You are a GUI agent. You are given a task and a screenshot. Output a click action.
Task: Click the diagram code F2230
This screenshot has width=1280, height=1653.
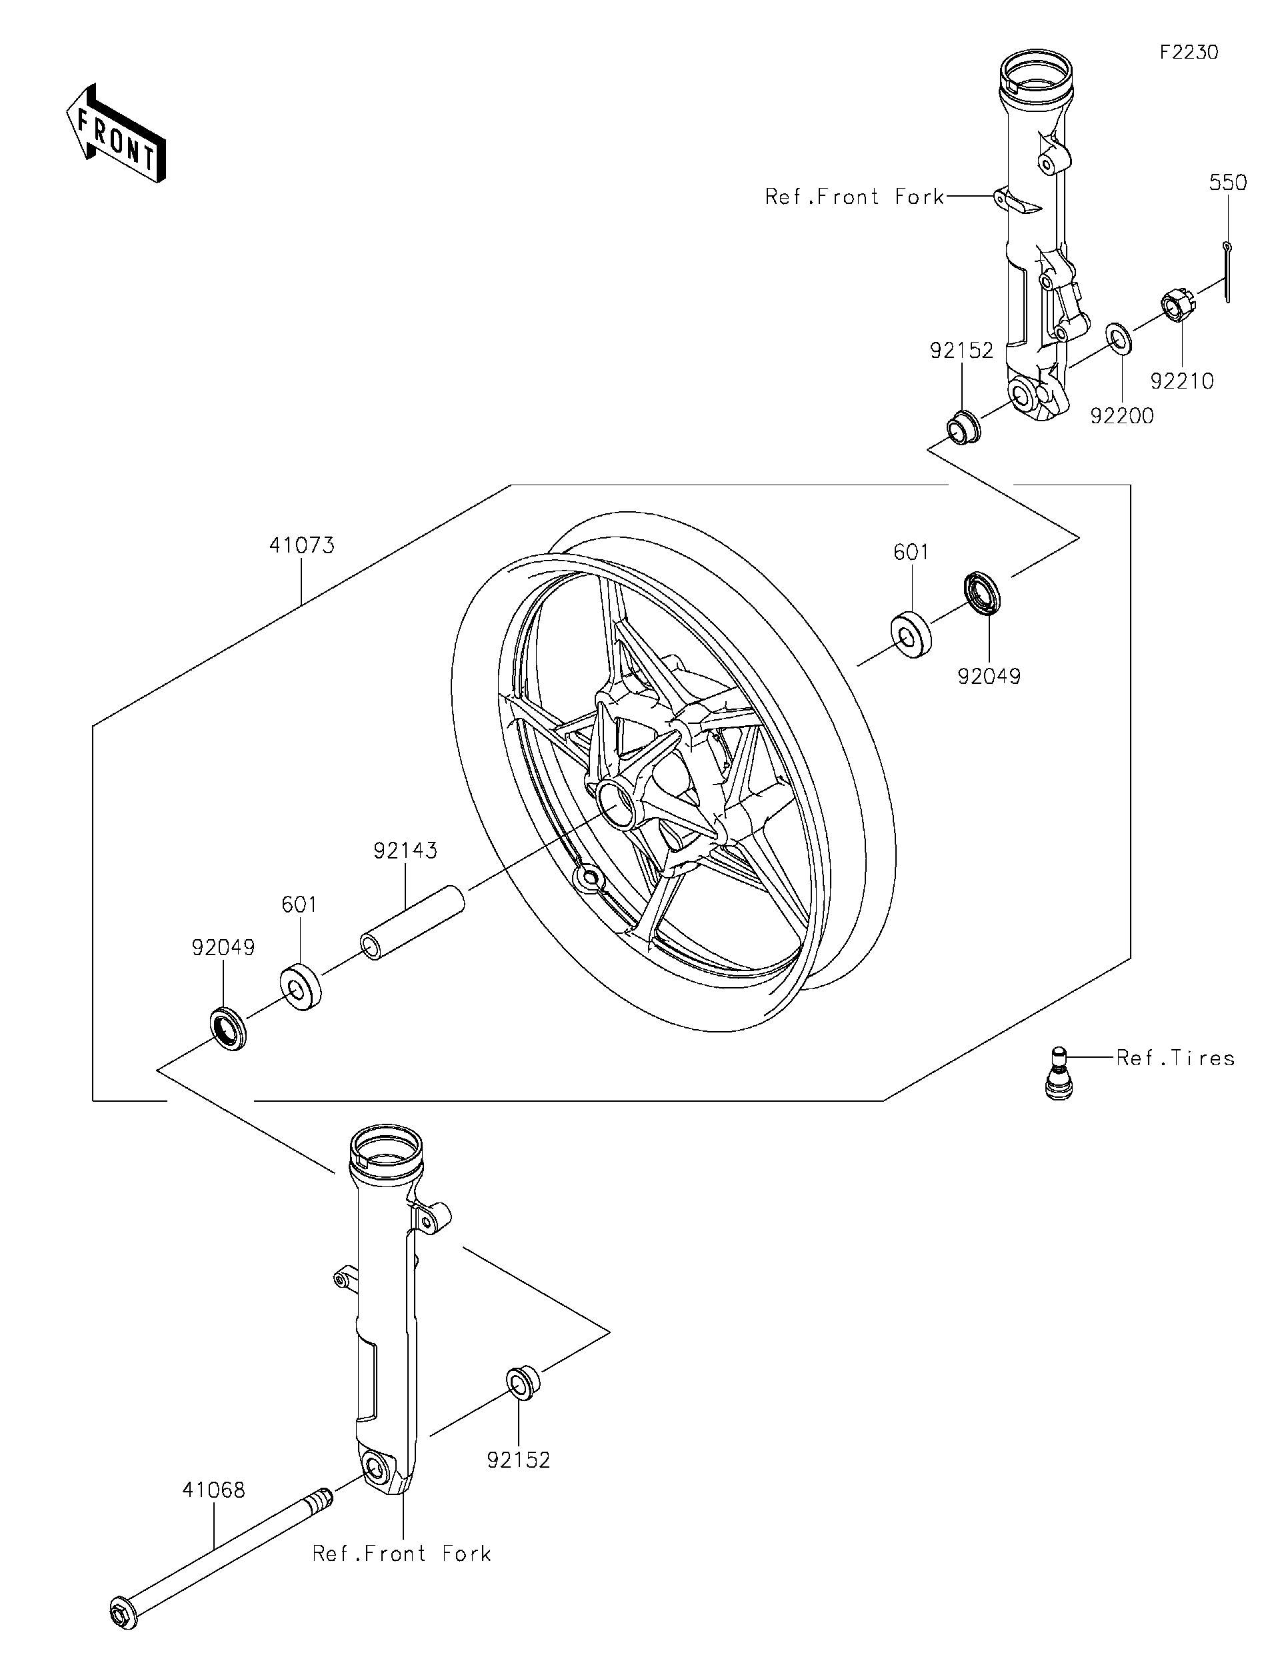1189,52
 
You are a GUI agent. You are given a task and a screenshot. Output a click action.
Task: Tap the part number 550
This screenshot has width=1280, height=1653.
1227,183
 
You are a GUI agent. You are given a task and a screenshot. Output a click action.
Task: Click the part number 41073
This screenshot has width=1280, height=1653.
301,545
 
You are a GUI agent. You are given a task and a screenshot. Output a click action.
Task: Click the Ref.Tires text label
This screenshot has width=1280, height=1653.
1175,1058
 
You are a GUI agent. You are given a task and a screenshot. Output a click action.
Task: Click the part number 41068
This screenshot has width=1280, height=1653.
213,1490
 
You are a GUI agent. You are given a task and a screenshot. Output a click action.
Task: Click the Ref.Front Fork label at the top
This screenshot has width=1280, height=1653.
855,197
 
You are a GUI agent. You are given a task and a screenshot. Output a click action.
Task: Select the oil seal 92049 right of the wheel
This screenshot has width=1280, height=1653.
982,593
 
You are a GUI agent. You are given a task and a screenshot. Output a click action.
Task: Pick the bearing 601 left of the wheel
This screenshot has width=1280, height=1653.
301,987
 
